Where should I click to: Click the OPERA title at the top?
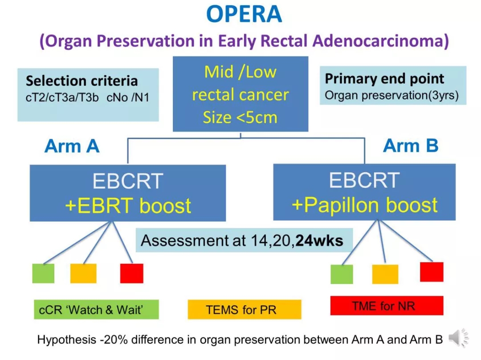[x=244, y=14]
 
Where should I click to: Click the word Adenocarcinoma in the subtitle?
[x=380, y=41]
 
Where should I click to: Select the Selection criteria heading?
[x=82, y=81]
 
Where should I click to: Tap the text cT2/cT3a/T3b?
[x=62, y=97]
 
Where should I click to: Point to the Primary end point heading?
[x=384, y=79]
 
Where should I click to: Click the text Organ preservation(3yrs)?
[x=392, y=95]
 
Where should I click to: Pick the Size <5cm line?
[x=240, y=117]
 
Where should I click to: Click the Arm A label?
[x=72, y=146]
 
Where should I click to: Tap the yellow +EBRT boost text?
[x=128, y=206]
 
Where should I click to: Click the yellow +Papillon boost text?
[x=364, y=205]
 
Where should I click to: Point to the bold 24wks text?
[x=319, y=241]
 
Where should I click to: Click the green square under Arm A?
[x=43, y=273]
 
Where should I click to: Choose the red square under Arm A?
[x=131, y=273]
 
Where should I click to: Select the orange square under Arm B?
[x=385, y=274]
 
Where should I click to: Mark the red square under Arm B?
[x=432, y=272]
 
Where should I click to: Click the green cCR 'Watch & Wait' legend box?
[x=96, y=309]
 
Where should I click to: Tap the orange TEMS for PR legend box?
[x=245, y=309]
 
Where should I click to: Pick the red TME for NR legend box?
[x=387, y=305]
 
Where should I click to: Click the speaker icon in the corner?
[x=458, y=338]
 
